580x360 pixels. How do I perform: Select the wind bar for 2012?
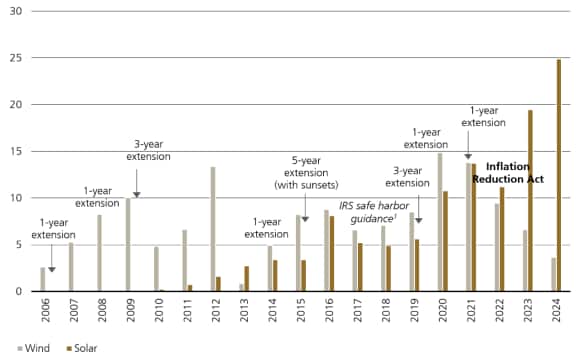(213, 229)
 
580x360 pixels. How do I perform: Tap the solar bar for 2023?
(530, 200)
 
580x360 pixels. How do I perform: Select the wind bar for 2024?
(552, 274)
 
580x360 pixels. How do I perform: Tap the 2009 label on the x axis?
(128, 316)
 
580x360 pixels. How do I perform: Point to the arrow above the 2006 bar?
(52, 259)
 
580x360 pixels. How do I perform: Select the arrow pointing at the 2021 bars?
(467, 154)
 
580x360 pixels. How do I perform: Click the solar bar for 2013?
(247, 278)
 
